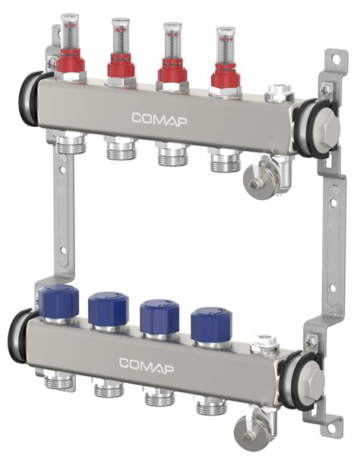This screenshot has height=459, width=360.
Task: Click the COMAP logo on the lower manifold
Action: click(x=147, y=363)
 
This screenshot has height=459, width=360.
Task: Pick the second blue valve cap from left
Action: click(x=107, y=309)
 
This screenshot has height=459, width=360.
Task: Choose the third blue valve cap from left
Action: click(x=159, y=315)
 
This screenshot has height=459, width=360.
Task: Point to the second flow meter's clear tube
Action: click(x=120, y=38)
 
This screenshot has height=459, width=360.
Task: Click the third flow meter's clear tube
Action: click(x=172, y=43)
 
